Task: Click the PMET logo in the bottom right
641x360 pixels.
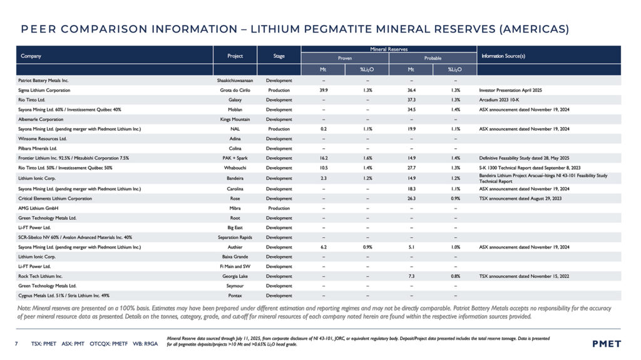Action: coord(606,344)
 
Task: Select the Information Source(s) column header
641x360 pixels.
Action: coord(503,56)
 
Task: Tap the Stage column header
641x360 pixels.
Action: coord(279,56)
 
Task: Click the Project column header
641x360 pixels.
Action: coord(235,56)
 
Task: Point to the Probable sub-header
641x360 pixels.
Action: coord(433,58)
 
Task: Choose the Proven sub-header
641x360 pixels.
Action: coord(345,58)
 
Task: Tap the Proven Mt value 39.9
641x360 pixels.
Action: coord(324,90)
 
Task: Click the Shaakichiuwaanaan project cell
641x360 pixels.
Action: coord(235,81)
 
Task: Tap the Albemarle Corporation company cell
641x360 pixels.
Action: coord(41,118)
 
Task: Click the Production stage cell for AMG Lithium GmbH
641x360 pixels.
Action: coord(279,208)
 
